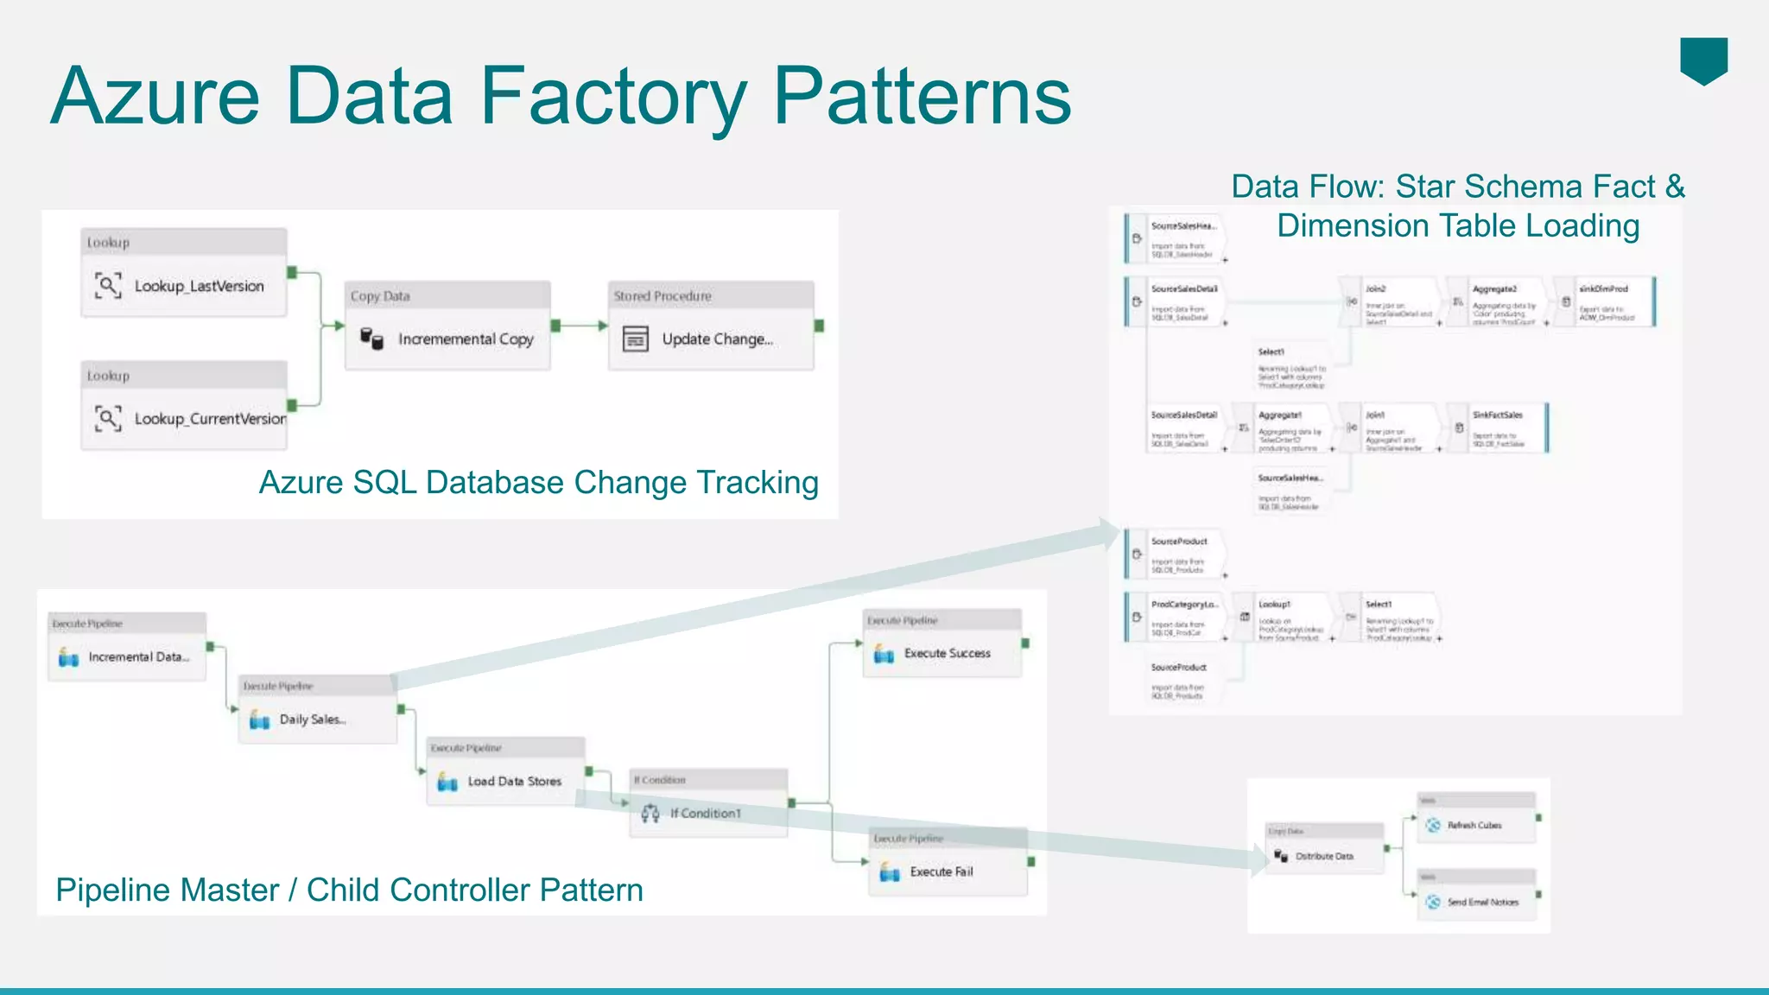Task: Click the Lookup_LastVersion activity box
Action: point(184,286)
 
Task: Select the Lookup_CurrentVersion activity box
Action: point(184,419)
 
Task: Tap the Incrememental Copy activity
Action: point(447,339)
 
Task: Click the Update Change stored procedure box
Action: point(711,339)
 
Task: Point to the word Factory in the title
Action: point(613,97)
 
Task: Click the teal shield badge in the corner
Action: point(1703,60)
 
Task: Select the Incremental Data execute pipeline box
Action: point(128,657)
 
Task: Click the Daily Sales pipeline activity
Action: point(317,719)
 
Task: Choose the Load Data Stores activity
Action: point(505,782)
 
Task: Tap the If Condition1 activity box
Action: point(708,814)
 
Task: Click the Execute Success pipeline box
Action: point(942,654)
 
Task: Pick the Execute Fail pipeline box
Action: point(948,872)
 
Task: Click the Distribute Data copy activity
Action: point(1324,856)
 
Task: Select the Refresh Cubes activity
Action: point(1475,826)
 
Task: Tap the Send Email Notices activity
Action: point(1477,902)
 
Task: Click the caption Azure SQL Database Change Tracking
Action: point(538,483)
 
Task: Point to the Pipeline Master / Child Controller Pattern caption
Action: point(349,890)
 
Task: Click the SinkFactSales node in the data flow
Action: point(1499,428)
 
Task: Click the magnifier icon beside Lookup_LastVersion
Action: point(108,285)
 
